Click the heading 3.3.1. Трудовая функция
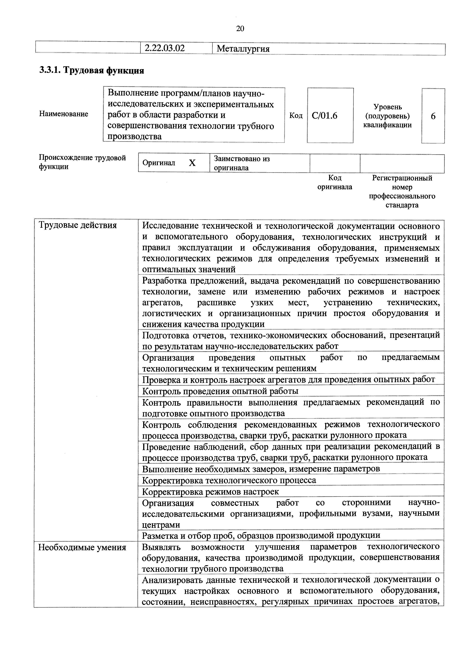point(92,70)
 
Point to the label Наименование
point(64,114)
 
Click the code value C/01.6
point(324,116)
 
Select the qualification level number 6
point(433,116)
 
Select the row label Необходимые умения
point(82,547)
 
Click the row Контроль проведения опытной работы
point(220,391)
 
